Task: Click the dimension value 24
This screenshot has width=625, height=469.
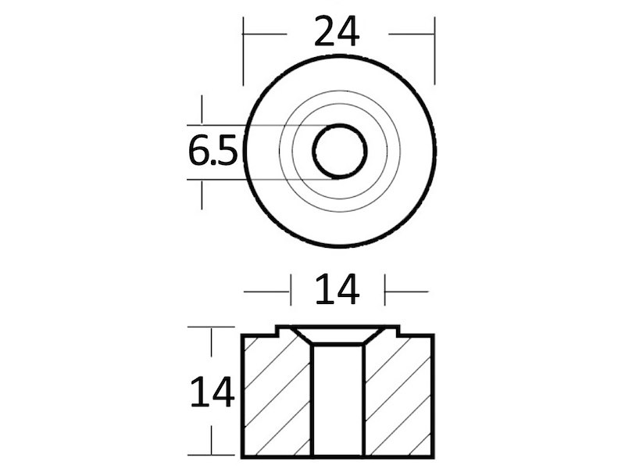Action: pyautogui.click(x=337, y=30)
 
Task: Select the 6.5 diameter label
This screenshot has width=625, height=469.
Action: pyautogui.click(x=212, y=150)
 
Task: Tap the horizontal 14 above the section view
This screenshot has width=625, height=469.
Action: pyautogui.click(x=337, y=288)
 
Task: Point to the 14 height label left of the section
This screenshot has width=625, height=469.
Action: pyautogui.click(x=212, y=392)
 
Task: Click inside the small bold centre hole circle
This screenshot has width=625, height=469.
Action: pyautogui.click(x=340, y=151)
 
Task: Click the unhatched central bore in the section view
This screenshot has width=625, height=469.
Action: pyautogui.click(x=338, y=400)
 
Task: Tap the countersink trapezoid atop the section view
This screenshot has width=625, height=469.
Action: pyautogui.click(x=338, y=335)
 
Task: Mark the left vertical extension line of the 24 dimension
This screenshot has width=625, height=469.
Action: pyautogui.click(x=243, y=51)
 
